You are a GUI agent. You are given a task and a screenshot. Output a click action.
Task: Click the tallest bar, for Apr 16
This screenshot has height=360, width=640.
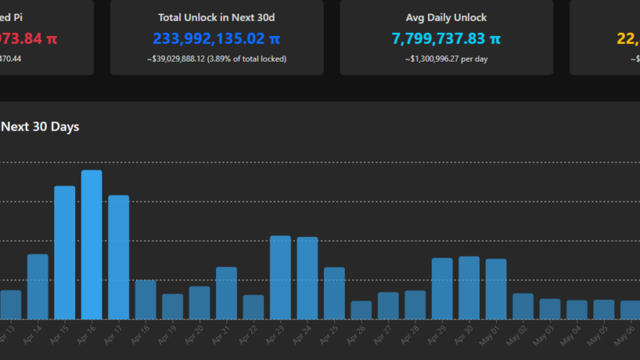pos(91,245)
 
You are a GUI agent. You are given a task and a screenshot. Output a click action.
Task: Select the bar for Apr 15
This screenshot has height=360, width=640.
pos(65,253)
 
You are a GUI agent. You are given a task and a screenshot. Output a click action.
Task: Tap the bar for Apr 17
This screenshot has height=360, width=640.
pos(118,258)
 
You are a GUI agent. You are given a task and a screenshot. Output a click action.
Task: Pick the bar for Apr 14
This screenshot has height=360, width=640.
pos(38,286)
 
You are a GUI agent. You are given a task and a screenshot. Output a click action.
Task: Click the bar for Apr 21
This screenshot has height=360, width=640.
pos(226,293)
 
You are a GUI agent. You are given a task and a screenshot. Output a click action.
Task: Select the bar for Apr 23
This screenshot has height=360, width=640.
pos(280,278)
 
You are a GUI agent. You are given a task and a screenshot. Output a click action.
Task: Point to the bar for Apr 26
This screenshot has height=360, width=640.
pos(361,310)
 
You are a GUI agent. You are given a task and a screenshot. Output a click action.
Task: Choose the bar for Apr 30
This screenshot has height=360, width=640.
pos(469,288)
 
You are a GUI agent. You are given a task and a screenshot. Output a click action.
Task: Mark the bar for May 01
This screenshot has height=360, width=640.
pos(496,289)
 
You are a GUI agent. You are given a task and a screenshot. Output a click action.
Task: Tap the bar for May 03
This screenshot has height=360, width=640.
pos(550,310)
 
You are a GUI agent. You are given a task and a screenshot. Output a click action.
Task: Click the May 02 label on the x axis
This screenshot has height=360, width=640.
pos(516,335)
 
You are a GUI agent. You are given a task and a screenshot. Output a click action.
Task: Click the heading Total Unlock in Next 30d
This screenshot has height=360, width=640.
pos(217,18)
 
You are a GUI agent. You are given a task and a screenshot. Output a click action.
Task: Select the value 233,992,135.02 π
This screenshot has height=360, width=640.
pos(217,38)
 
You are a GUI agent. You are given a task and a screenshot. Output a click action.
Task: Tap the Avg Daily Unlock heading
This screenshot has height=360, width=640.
pos(446,18)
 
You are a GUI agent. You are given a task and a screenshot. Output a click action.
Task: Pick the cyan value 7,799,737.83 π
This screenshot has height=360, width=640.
pos(446,38)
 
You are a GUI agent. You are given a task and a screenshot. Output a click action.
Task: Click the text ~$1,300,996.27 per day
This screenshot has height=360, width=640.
pos(446,58)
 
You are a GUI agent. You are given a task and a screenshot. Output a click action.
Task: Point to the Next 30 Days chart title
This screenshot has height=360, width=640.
pos(40,126)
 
